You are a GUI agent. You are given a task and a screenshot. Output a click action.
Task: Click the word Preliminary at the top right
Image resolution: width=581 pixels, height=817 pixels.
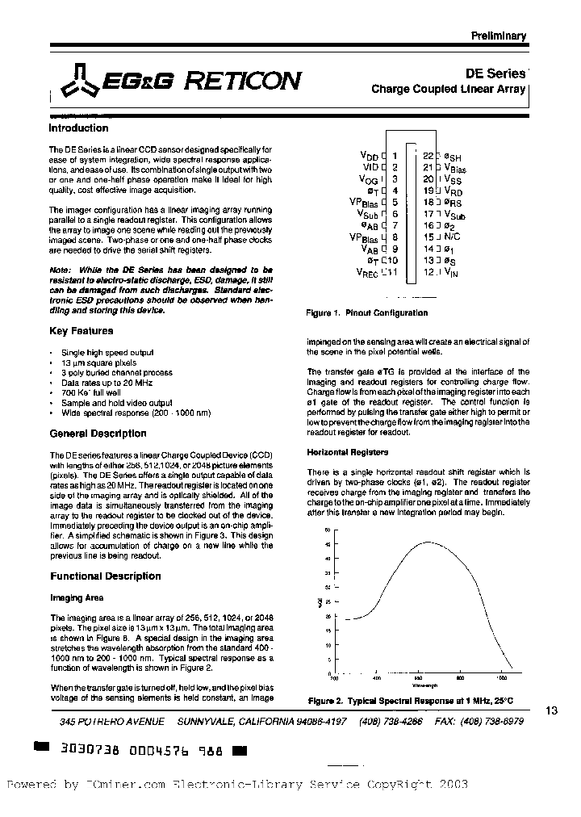coord(498,36)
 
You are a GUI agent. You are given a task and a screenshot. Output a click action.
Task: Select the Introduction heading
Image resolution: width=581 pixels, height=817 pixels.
coord(78,128)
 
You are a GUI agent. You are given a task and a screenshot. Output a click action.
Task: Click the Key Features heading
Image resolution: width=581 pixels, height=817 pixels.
coord(82,331)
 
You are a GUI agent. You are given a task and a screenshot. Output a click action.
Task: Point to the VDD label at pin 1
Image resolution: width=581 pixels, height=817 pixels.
coord(370,153)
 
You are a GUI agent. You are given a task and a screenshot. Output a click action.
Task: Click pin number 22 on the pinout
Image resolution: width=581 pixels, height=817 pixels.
coord(428,155)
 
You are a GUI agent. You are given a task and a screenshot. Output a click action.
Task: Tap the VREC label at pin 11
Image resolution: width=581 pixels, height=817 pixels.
coord(367,273)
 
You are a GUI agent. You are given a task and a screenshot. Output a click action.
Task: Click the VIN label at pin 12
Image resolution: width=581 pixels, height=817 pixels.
coord(451,273)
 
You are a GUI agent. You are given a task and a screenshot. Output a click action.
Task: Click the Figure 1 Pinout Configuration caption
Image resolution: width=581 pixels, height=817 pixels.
coord(367,313)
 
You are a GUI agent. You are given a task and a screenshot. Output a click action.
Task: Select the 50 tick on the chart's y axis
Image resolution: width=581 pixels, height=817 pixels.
coord(327,530)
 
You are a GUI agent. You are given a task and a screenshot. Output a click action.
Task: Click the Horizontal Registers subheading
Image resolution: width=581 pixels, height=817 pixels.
coord(347,452)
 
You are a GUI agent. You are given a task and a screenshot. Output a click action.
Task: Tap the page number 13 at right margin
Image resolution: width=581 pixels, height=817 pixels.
coord(552,710)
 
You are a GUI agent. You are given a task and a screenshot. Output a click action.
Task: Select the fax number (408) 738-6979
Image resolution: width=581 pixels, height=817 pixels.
coord(495,721)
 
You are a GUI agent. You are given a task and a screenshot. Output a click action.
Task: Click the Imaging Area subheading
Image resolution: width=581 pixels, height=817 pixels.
coord(77,598)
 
